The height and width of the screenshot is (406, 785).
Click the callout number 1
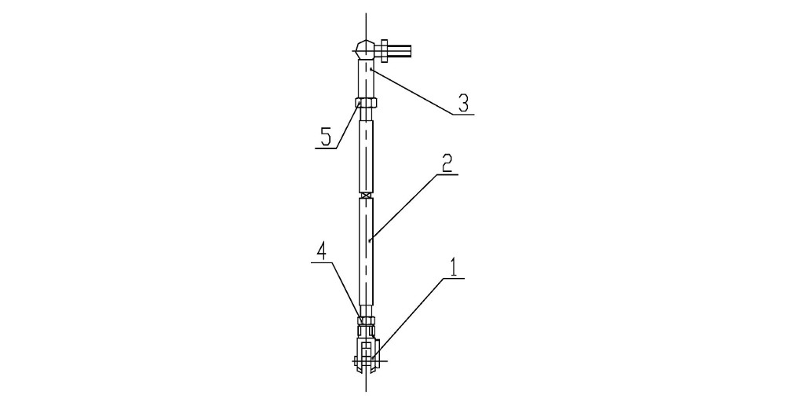point(454,268)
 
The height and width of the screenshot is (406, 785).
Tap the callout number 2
point(447,163)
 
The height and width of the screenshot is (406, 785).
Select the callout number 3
point(463,103)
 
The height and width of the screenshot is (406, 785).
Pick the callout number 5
point(326,137)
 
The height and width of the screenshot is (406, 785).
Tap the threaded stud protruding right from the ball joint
point(400,50)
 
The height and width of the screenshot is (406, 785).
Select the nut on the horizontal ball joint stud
point(385,50)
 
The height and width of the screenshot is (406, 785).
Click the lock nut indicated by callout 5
point(366,103)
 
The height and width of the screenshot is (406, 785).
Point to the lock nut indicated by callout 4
point(366,320)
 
